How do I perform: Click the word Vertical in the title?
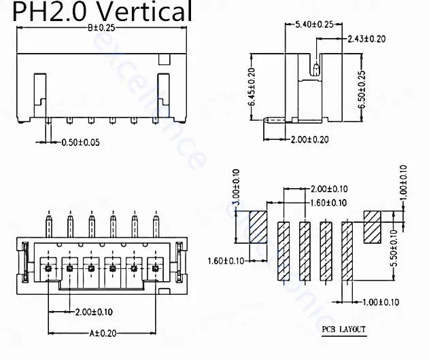coord(140,12)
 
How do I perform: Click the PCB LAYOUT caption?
coord(343,330)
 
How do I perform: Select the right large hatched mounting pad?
coord(375,226)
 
